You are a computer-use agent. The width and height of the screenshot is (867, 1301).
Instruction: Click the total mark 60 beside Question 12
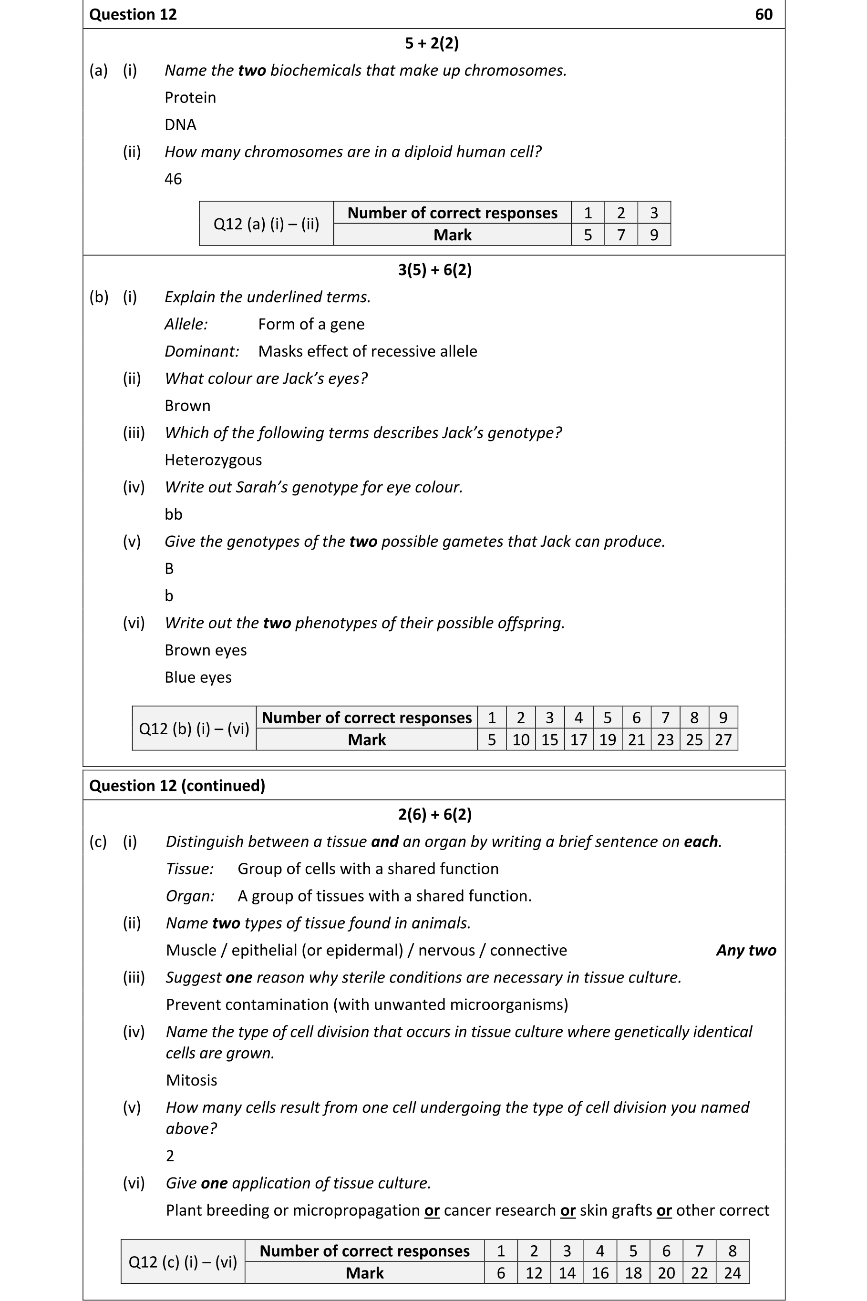tap(763, 14)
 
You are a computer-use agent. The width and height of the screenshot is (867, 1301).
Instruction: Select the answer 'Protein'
tap(190, 98)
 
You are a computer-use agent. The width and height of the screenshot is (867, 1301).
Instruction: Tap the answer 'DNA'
tap(180, 125)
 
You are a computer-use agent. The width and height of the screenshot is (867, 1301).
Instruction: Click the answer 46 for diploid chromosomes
tap(173, 179)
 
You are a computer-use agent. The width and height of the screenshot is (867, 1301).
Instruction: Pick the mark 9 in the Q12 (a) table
tap(653, 235)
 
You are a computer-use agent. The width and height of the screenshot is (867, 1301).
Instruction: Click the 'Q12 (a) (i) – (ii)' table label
tap(266, 224)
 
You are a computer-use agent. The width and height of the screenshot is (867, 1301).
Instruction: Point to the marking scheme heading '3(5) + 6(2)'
tap(434, 270)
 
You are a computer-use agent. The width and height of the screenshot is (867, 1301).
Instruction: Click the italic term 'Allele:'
tap(186, 325)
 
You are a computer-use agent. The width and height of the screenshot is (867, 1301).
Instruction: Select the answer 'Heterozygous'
tap(213, 460)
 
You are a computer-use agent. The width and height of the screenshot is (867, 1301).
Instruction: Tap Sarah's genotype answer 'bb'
tap(173, 514)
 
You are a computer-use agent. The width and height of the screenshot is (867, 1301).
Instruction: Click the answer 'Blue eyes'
tap(198, 677)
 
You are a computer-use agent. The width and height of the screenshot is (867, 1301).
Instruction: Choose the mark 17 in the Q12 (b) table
tap(578, 740)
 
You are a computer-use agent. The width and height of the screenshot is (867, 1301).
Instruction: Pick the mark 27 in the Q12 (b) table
tap(722, 740)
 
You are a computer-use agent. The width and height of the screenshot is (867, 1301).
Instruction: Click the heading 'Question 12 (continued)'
tap(177, 786)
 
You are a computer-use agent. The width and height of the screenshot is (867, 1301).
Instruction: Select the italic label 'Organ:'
tap(190, 896)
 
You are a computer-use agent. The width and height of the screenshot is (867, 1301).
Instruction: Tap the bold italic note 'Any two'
tap(746, 951)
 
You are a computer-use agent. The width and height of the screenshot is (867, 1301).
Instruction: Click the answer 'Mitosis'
tap(191, 1080)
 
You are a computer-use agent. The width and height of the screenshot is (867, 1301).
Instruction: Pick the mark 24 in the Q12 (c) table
tap(732, 1273)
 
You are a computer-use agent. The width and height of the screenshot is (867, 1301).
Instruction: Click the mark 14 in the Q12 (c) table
tap(567, 1273)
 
